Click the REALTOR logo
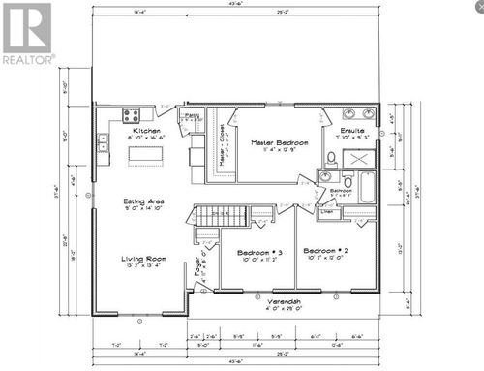(x=26, y=33)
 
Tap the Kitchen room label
(x=146, y=129)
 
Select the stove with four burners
(x=132, y=115)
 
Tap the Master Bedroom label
(x=280, y=143)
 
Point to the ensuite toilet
(x=331, y=158)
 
